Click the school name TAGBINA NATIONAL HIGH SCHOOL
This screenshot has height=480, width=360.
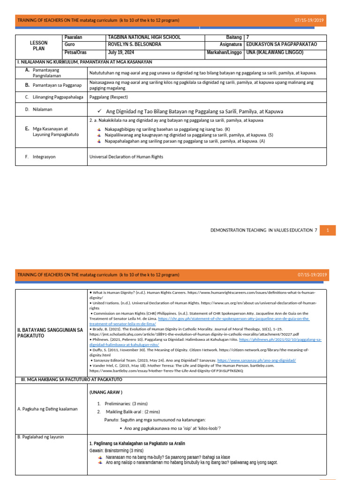[144, 37]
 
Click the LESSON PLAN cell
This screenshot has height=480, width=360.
[38, 45]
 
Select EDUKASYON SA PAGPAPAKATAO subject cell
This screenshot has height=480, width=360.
[281, 45]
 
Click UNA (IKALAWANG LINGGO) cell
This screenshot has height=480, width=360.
[275, 52]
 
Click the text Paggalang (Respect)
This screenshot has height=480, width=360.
[108, 97]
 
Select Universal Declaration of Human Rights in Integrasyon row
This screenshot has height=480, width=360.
[126, 157]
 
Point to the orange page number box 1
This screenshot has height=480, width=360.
[328, 230]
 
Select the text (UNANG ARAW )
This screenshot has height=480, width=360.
[105, 392]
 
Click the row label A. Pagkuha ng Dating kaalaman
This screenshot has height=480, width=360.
[47, 409]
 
